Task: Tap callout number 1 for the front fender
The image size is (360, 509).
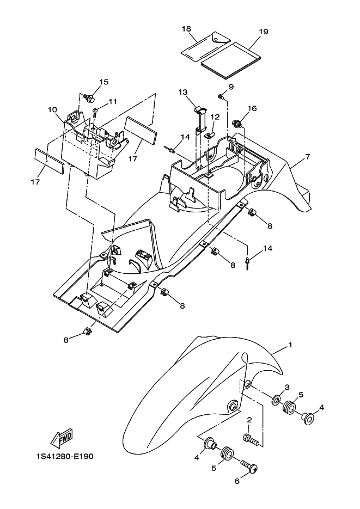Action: click(290, 345)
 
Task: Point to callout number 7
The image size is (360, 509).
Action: click(308, 157)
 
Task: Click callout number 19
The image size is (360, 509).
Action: click(264, 32)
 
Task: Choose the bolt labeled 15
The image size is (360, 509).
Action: click(90, 99)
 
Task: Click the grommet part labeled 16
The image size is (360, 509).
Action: click(237, 122)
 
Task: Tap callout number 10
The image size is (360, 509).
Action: click(52, 109)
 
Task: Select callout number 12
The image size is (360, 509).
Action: click(215, 116)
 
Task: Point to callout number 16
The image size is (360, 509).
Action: click(252, 108)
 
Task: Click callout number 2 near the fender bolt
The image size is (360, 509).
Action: click(249, 420)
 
